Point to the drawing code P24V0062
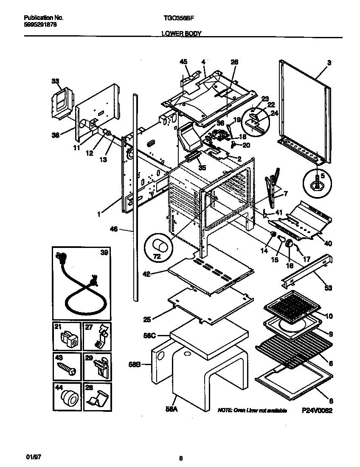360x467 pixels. click(317, 411)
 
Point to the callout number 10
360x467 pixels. click(329, 316)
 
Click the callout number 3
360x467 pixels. click(329, 62)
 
